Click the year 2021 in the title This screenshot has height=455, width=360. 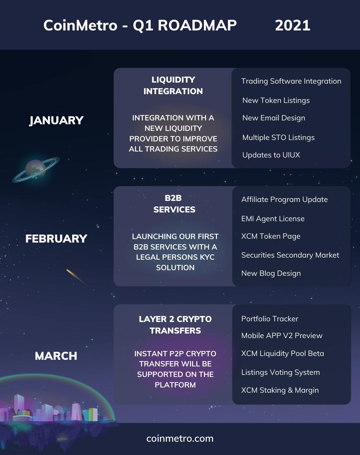[x=292, y=25]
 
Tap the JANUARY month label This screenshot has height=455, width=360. [x=56, y=120]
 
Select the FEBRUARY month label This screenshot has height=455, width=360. [x=56, y=239]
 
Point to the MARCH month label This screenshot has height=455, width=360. [x=56, y=356]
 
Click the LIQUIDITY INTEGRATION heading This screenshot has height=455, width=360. [x=173, y=85]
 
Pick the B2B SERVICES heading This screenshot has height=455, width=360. [x=174, y=204]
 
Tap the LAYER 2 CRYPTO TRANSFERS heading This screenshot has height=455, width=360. [x=175, y=325]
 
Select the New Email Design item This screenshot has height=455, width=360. [x=274, y=118]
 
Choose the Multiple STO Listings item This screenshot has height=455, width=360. [x=278, y=138]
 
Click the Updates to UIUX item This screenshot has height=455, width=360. [x=271, y=155]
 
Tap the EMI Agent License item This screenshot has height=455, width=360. [x=273, y=219]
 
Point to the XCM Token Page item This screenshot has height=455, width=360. [x=271, y=236]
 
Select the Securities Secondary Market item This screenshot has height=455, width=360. [x=290, y=255]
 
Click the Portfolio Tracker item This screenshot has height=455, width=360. [x=270, y=319]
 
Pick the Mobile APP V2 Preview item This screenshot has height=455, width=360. [x=282, y=336]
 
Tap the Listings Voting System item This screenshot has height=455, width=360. [x=281, y=372]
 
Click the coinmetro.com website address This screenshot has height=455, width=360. [x=180, y=439]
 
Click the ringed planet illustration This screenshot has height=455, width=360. [x=36, y=169]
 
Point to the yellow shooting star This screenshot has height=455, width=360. [x=78, y=278]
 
